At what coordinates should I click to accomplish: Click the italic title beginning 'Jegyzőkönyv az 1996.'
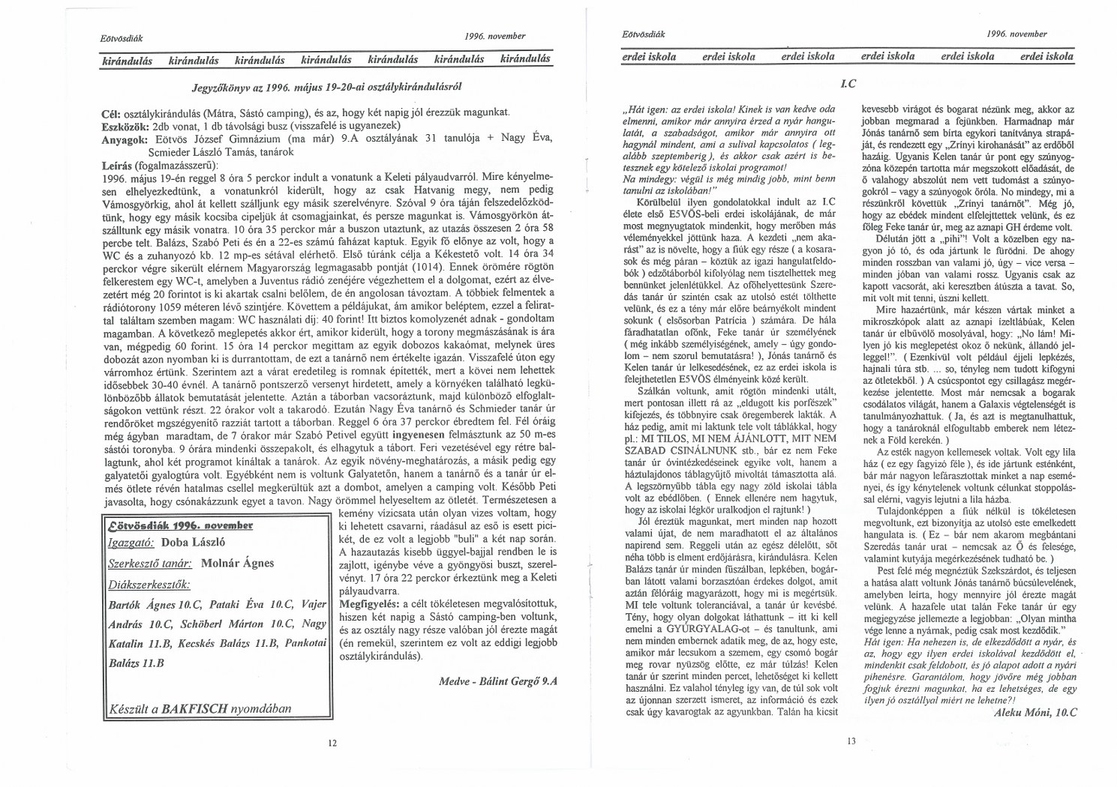pos(326,86)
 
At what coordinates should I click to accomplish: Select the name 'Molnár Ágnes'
pos(238,564)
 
